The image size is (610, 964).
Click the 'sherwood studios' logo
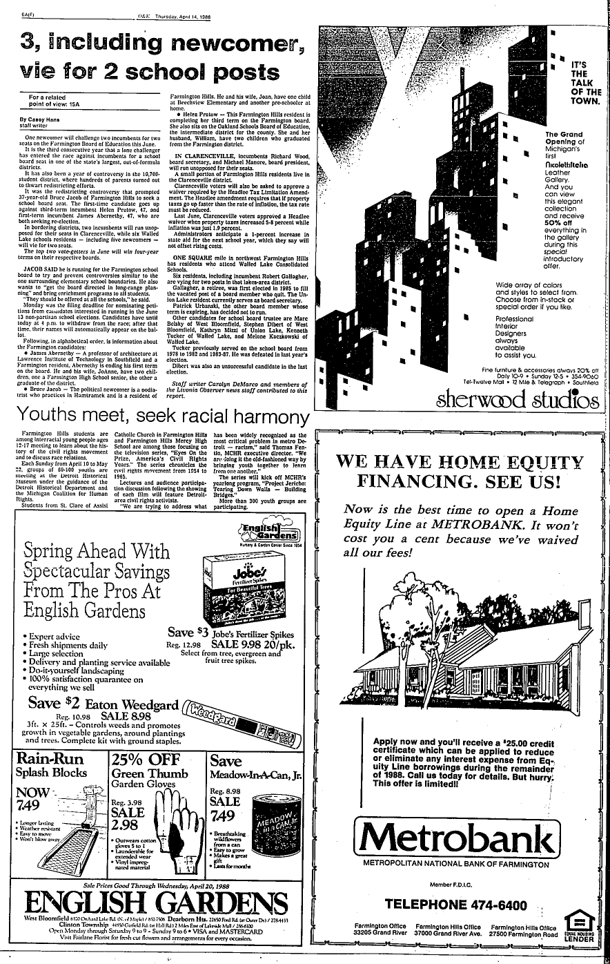517,399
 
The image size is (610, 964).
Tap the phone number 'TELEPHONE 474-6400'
456,905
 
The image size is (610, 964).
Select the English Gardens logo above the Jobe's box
264,533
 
